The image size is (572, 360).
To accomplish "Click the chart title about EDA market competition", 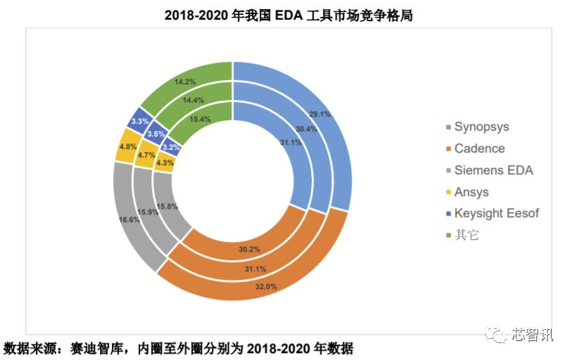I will (x=288, y=15).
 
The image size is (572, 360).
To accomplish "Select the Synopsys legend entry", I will (x=481, y=127).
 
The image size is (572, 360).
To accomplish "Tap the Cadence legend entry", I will (x=478, y=148).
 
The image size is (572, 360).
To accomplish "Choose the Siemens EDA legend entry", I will (x=492, y=170).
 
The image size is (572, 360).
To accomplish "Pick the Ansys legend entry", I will (x=471, y=192).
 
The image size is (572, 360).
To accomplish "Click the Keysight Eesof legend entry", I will (x=496, y=213).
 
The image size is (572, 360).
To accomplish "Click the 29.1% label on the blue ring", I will (x=319, y=113).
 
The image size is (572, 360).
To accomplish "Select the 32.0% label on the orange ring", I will (x=265, y=287).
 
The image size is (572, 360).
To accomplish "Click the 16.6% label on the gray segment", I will (x=129, y=219).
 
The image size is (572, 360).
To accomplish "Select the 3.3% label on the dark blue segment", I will (x=139, y=122).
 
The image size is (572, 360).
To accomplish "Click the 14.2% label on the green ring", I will (x=185, y=82).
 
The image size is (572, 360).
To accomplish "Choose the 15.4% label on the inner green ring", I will (x=201, y=119).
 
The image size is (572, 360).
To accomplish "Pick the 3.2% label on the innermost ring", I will (x=171, y=148).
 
